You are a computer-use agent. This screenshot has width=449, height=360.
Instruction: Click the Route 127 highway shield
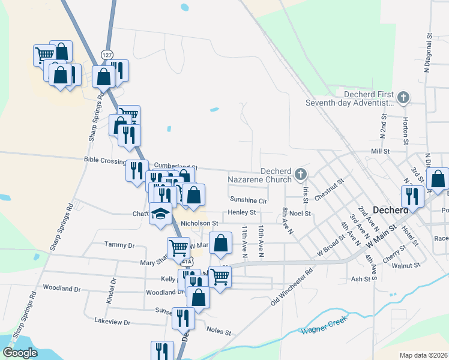pyautogui.click(x=107, y=55)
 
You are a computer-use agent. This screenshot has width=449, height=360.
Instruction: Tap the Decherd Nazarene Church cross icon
pyautogui.click(x=301, y=175)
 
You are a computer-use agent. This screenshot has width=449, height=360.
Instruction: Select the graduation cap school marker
pyautogui.click(x=160, y=214)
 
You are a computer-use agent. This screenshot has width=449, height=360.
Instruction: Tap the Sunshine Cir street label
pyautogui.click(x=247, y=200)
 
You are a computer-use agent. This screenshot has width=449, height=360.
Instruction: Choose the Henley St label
pyautogui.click(x=241, y=212)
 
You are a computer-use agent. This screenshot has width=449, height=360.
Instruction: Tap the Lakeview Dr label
pyautogui.click(x=112, y=322)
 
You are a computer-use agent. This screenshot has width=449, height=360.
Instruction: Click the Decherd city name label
pyautogui.click(x=391, y=211)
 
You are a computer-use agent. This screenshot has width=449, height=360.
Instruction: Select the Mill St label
pyautogui.click(x=381, y=151)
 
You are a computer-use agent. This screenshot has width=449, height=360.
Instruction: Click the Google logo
pyautogui.click(x=20, y=353)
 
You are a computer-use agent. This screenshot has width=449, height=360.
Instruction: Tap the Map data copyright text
pyautogui.click(x=423, y=355)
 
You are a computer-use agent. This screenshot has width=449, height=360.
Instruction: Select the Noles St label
pyautogui.click(x=218, y=331)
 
